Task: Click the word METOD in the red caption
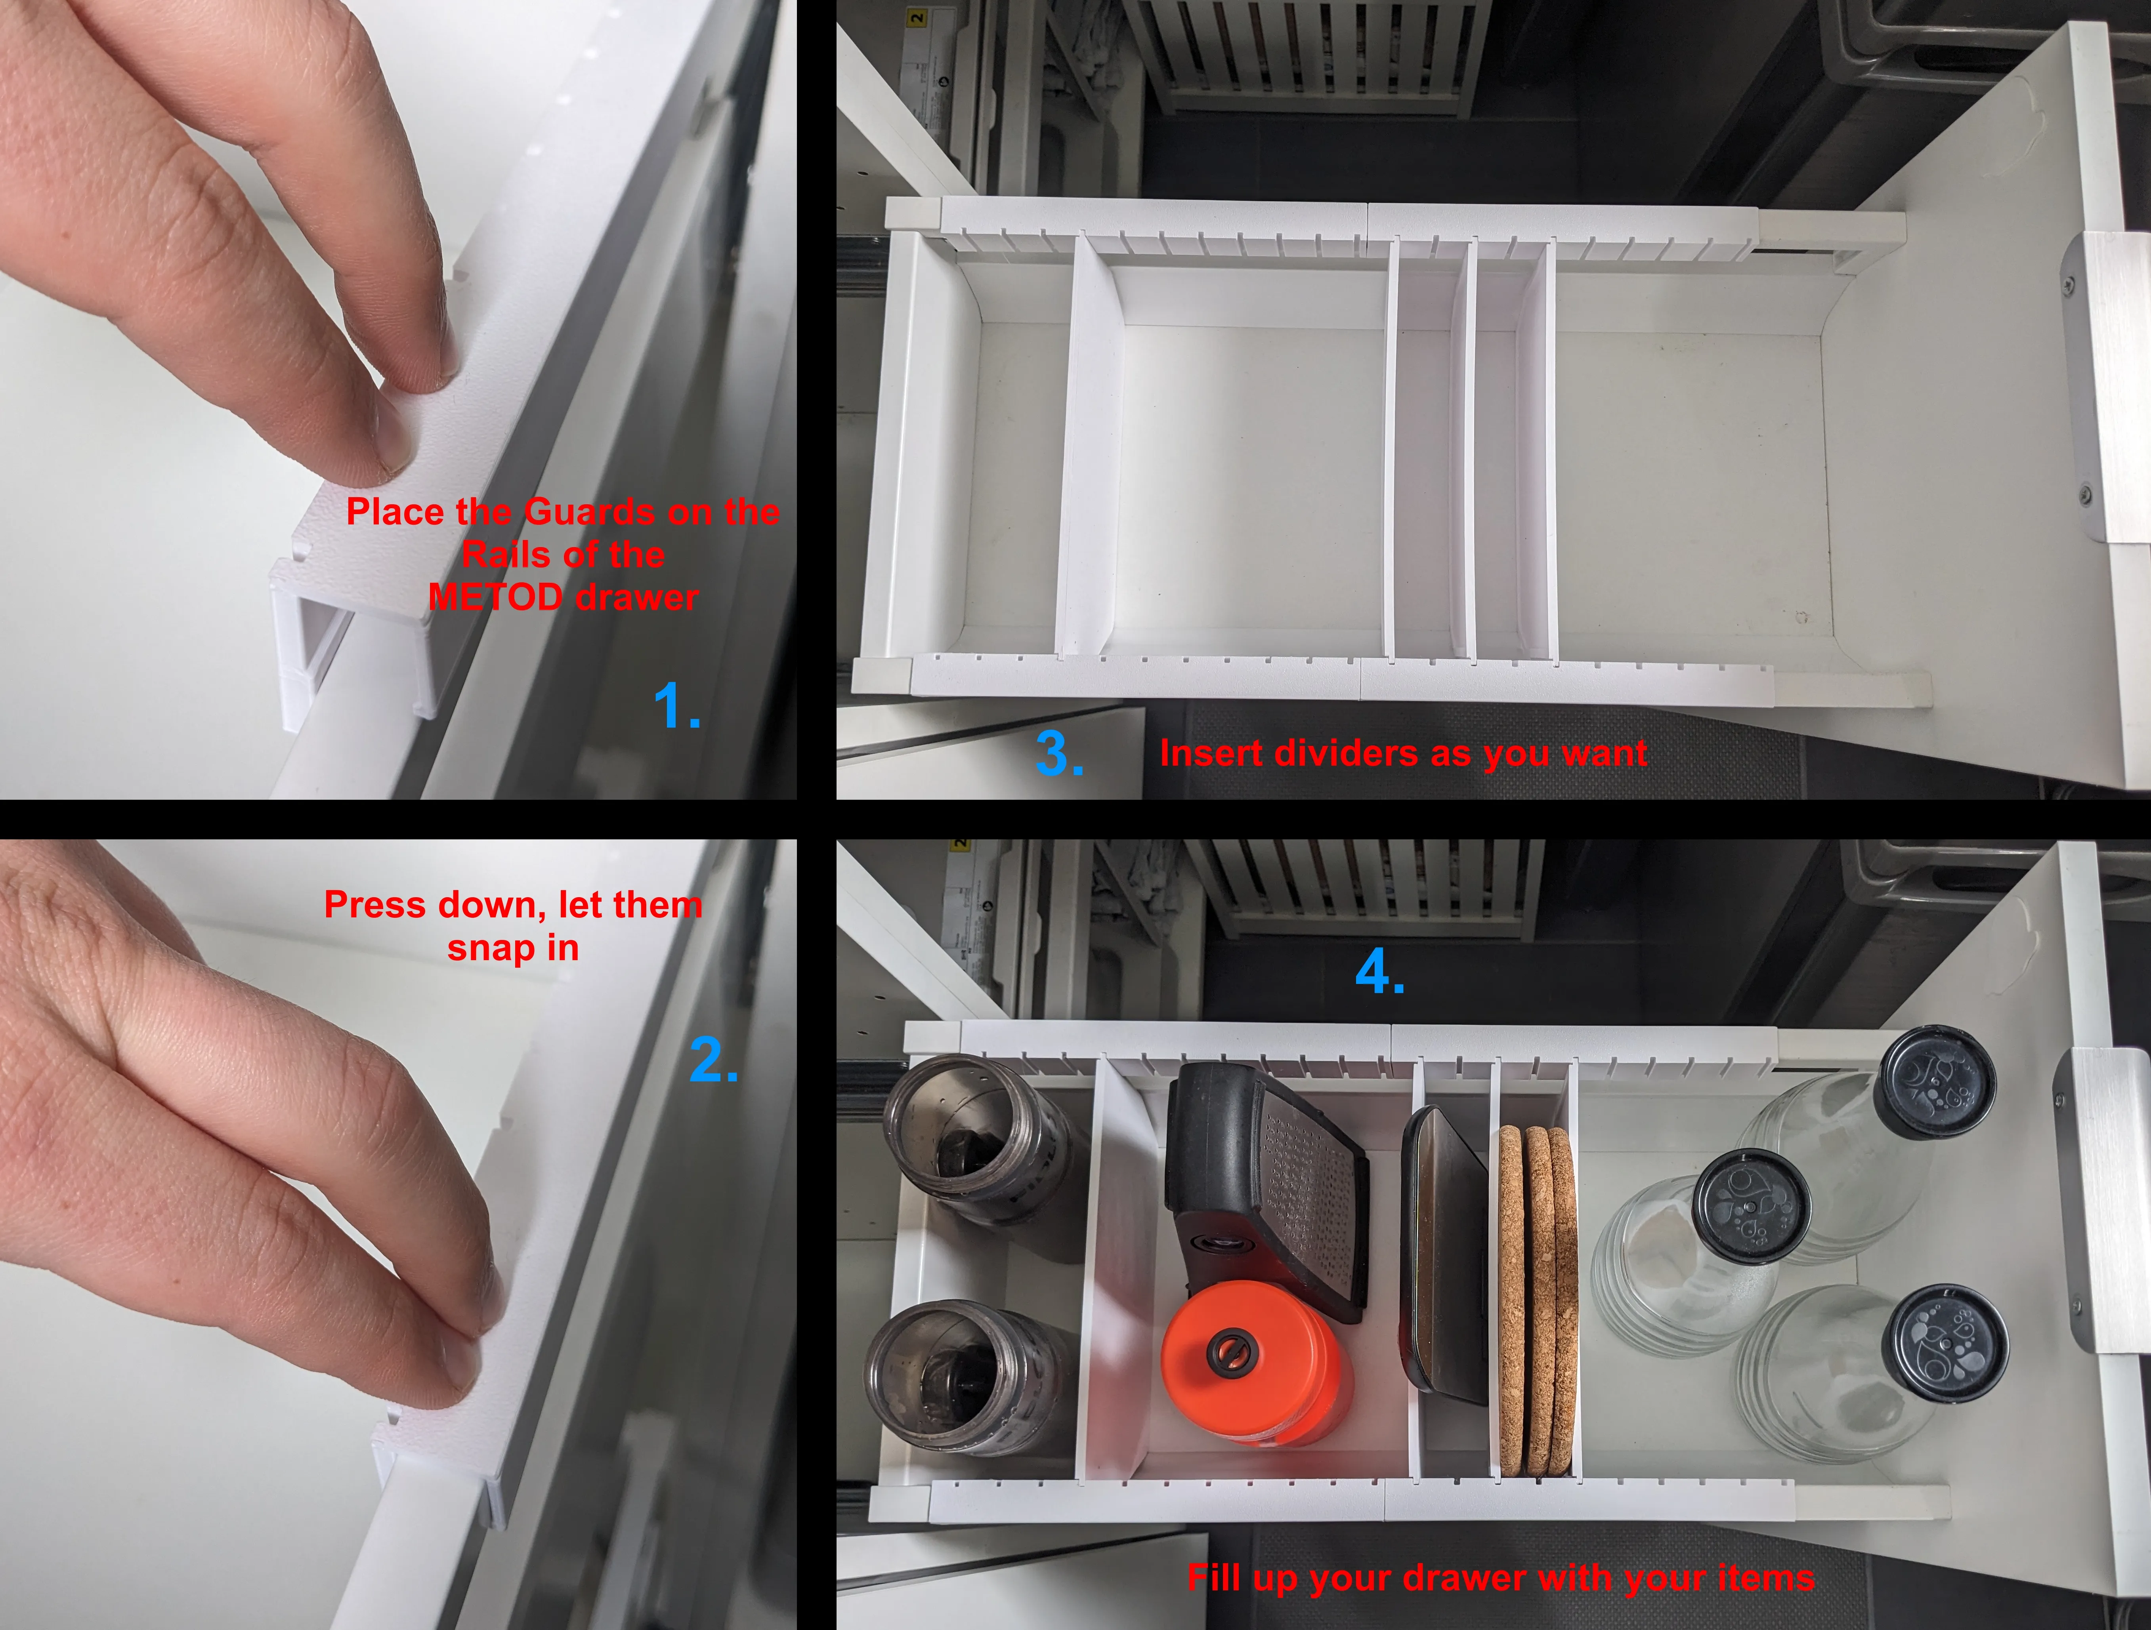click(495, 597)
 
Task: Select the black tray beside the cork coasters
click(1443, 1254)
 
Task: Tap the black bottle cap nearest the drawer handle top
click(1935, 1082)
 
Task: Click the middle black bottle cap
click(1751, 1206)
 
